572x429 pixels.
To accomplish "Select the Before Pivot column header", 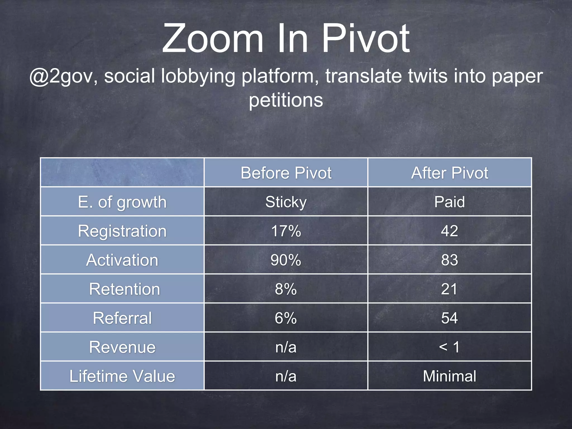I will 286,173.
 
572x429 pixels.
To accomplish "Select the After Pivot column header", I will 449,173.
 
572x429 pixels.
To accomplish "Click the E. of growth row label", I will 122,202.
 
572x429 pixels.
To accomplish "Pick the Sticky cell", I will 286,202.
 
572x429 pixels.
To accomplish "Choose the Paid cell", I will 449,202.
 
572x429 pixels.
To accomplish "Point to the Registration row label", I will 122,231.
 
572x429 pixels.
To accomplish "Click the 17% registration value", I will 286,231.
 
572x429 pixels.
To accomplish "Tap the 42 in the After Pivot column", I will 449,231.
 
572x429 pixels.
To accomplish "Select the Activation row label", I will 122,260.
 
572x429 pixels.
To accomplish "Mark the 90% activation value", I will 286,260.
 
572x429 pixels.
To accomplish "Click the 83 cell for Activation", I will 449,260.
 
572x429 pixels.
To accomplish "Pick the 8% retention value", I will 286,289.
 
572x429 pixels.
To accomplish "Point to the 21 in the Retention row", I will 449,289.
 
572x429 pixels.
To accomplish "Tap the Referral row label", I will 122,318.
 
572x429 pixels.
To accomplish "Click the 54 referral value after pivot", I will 449,318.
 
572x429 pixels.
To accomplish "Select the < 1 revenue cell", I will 449,347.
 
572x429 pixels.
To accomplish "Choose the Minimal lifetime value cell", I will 449,376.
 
